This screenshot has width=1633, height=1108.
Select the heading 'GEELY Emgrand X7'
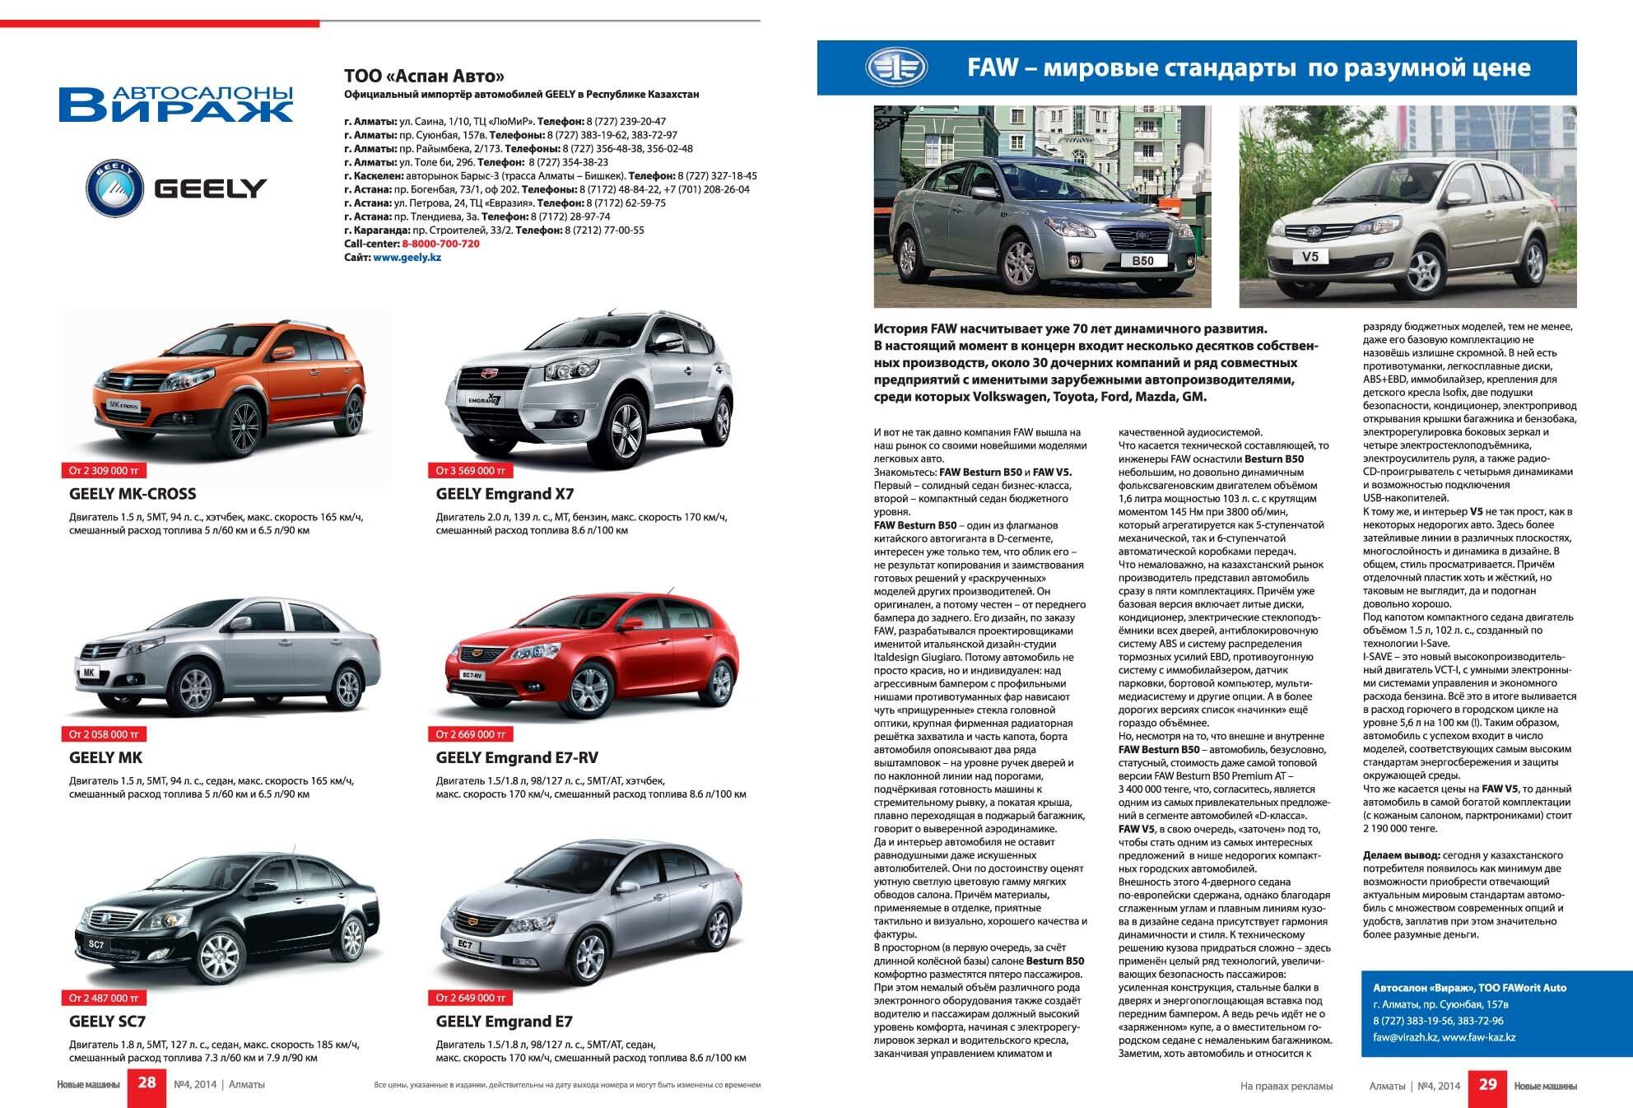505,494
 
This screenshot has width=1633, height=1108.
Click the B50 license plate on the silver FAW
1142,260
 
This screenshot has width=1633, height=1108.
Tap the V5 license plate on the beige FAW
1310,257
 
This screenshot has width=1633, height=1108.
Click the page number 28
147,1083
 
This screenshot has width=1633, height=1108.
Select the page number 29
1487,1084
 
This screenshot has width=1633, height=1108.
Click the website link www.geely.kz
407,258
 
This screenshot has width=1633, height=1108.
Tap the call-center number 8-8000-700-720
440,244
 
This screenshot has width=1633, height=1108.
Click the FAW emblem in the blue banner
896,68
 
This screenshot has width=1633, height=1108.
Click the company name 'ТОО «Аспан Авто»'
424,77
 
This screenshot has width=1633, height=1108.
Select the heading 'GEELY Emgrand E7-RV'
517,757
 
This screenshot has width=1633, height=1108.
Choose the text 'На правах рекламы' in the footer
1286,1087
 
